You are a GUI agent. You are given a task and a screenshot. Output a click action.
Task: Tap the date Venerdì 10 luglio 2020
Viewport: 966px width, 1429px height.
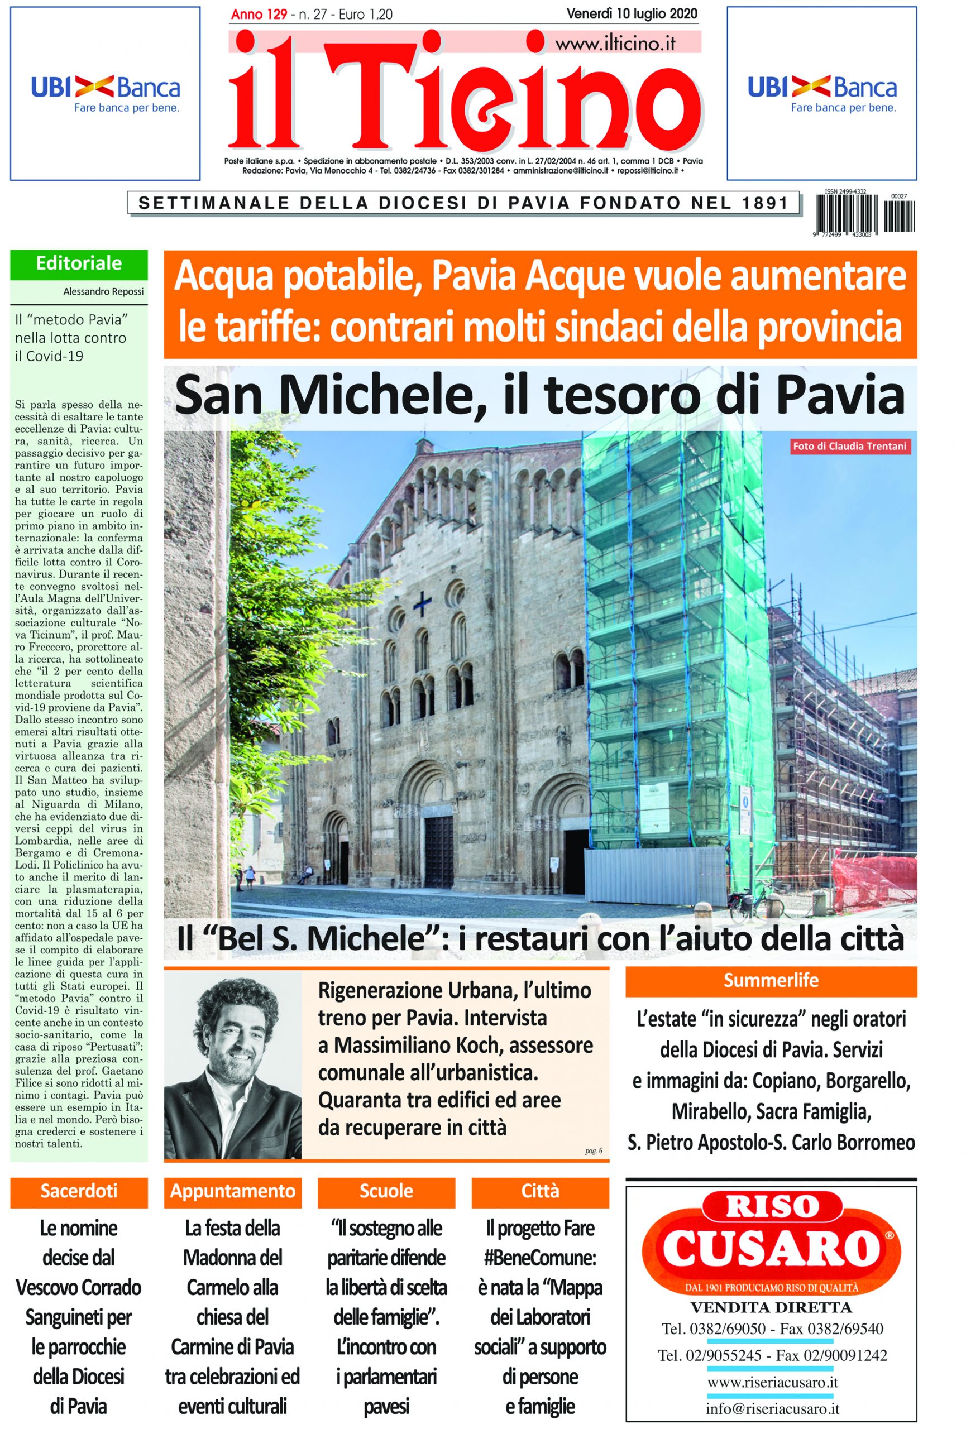[x=632, y=13]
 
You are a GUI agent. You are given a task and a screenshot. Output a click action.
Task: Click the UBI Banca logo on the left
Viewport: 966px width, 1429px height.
[x=106, y=93]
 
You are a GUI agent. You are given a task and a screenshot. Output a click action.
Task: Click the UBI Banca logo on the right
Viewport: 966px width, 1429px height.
[x=821, y=93]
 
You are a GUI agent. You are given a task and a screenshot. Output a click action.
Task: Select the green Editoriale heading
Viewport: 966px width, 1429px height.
[x=79, y=264]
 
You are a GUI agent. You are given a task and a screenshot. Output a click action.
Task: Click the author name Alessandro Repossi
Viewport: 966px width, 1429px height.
[x=103, y=291]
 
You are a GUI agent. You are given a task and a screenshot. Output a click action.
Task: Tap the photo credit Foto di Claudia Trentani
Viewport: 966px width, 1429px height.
[x=849, y=447]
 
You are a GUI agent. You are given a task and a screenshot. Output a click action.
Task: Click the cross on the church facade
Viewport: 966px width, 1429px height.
[x=423, y=603]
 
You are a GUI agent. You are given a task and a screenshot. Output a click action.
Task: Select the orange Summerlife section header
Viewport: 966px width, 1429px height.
[x=771, y=980]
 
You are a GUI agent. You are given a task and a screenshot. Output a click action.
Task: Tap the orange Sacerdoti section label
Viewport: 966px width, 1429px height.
[x=79, y=1191]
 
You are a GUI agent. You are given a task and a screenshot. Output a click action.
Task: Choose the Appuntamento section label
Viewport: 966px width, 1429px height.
[x=232, y=1191]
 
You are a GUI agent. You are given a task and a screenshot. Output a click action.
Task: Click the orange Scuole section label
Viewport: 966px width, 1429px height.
[x=386, y=1191]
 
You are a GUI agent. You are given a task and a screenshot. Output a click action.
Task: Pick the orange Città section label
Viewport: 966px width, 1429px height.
[x=540, y=1191]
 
